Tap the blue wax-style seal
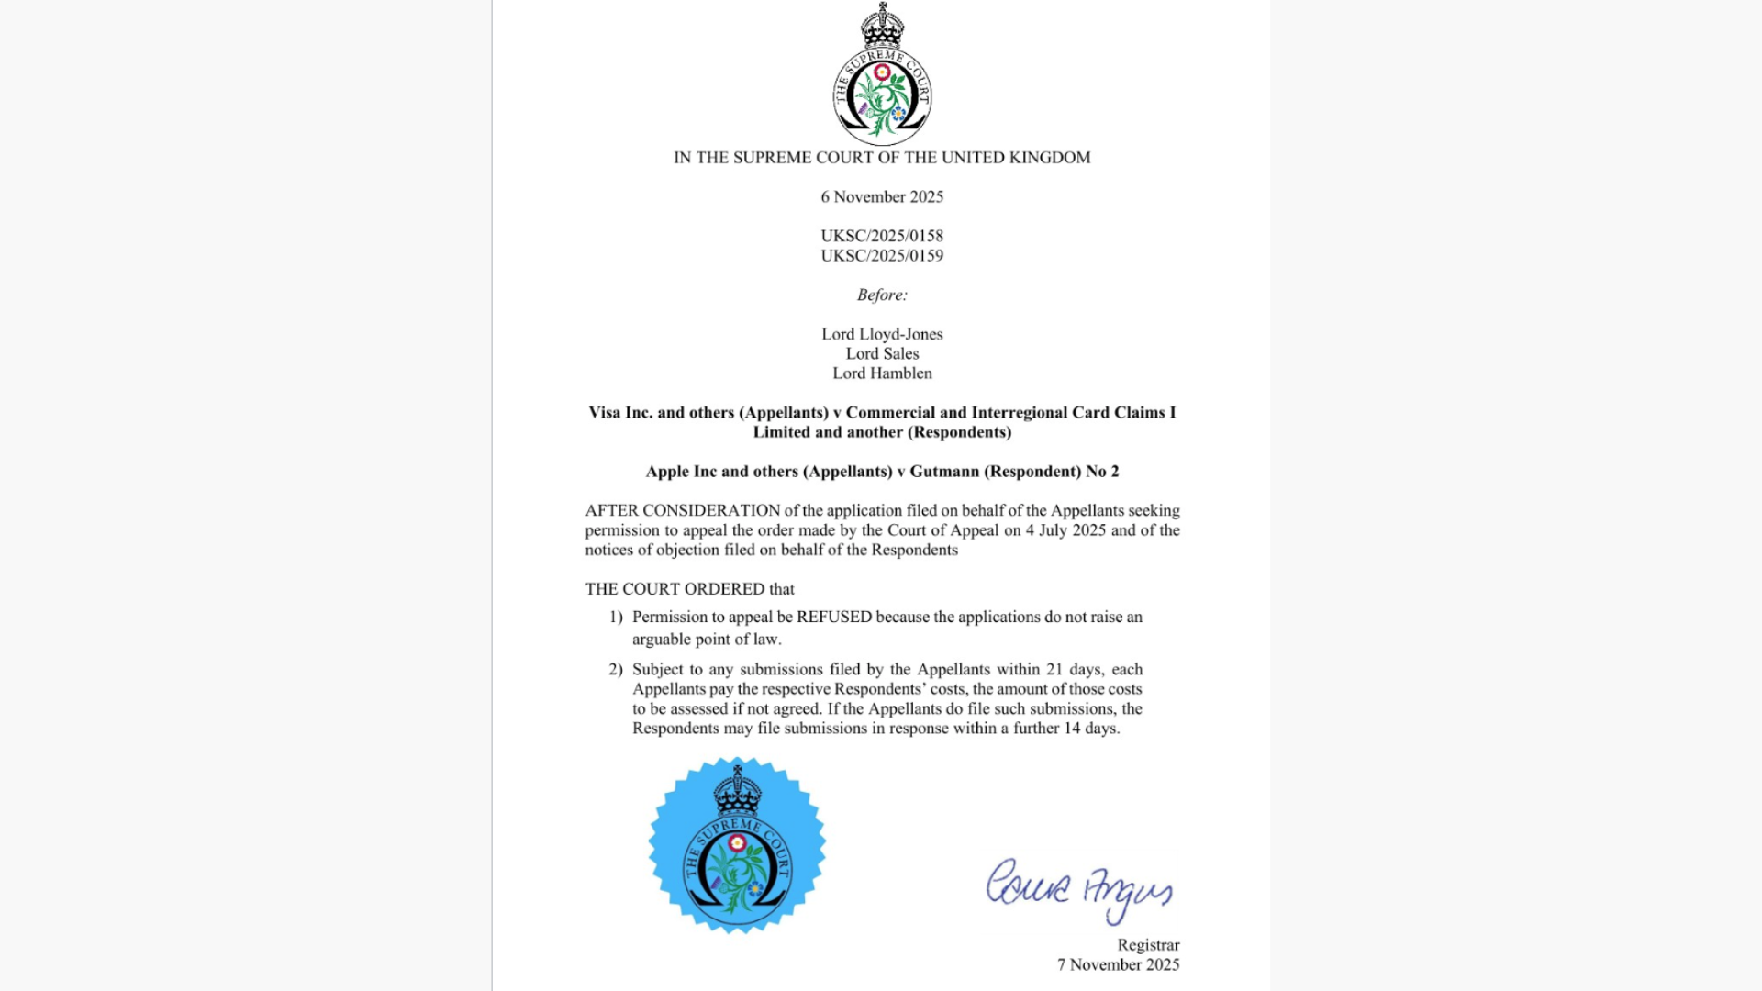737,845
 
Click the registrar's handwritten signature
1079,888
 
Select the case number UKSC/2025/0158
882,236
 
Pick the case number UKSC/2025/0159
882,256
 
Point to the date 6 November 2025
882,196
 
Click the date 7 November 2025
1118,964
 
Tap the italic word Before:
882,295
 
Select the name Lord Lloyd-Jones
882,334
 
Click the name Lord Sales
882,353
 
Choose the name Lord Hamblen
882,373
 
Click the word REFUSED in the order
834,617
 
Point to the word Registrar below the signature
1148,945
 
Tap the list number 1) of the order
616,617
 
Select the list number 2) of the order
616,669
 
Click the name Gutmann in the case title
944,472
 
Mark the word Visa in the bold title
605,413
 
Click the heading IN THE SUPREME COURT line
882,158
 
